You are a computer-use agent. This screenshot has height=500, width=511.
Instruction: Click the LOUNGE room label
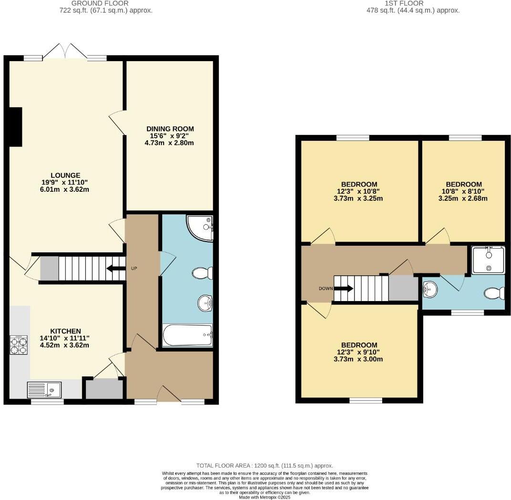(66, 175)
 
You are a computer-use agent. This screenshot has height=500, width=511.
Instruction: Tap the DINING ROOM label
(170, 129)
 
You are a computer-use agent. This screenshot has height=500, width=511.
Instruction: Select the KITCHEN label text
(66, 331)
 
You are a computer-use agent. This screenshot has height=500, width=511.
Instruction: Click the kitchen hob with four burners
(19, 345)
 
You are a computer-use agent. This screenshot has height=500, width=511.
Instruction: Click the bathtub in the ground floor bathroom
(187, 335)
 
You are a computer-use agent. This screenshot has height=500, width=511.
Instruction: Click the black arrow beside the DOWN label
(343, 288)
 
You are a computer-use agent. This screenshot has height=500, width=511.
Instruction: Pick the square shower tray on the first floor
(488, 260)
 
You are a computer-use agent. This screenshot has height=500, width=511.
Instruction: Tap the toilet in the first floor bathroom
(495, 293)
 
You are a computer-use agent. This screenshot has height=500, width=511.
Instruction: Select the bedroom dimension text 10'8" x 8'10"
(464, 192)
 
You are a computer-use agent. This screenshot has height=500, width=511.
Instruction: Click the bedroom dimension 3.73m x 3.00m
(359, 359)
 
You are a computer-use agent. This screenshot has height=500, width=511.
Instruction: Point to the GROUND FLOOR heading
(94, 3)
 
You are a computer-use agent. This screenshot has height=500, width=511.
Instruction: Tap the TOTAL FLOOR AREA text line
(264, 465)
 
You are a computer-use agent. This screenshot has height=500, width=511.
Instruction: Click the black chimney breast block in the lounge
(16, 126)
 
